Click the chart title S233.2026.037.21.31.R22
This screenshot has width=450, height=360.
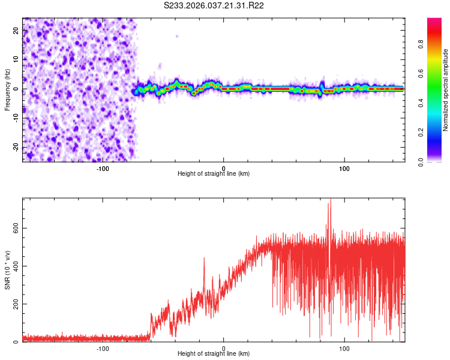pos(214,5)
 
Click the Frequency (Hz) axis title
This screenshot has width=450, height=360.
pos(7,89)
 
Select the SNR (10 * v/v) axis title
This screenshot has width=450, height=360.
pos(7,270)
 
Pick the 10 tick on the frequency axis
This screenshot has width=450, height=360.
pos(16,60)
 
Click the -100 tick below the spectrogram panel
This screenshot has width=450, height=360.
pos(103,168)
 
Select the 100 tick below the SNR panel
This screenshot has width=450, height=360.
pos(345,348)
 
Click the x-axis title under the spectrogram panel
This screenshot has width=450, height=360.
pos(214,174)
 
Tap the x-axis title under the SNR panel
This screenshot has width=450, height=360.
pos(214,353)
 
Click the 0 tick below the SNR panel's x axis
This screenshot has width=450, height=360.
pos(224,348)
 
